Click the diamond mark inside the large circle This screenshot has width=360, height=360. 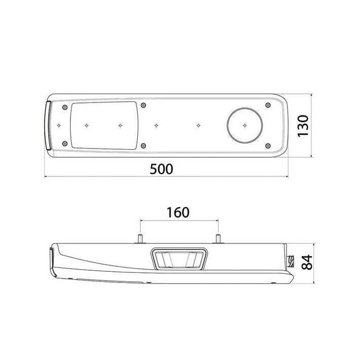[x=245, y=124]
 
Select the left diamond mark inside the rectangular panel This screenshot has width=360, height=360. [x=87, y=124]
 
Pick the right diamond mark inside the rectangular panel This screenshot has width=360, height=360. [x=120, y=124]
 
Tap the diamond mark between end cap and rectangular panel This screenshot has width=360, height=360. [x=59, y=124]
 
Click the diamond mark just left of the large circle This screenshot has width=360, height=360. [x=199, y=124]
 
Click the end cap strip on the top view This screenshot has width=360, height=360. [x=48, y=125]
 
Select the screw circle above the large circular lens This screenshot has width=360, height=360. [x=267, y=105]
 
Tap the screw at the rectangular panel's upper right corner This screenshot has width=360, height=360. [x=145, y=105]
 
